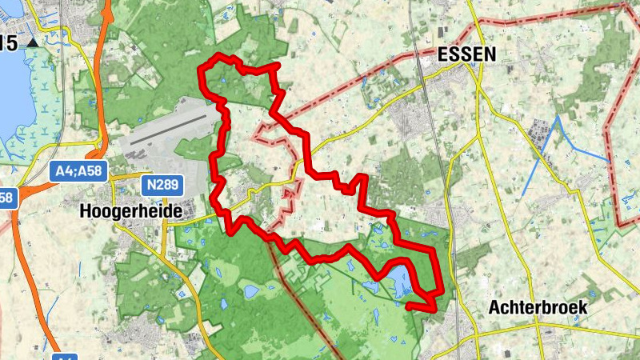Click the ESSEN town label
467,54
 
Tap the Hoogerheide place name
132,212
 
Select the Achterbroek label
538,307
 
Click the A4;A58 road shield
78,170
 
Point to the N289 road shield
164,186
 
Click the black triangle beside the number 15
32,42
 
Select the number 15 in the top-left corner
10,43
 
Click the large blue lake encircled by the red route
398,281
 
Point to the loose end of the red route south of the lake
409,305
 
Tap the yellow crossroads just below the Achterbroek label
542,328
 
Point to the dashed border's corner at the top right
624,6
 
